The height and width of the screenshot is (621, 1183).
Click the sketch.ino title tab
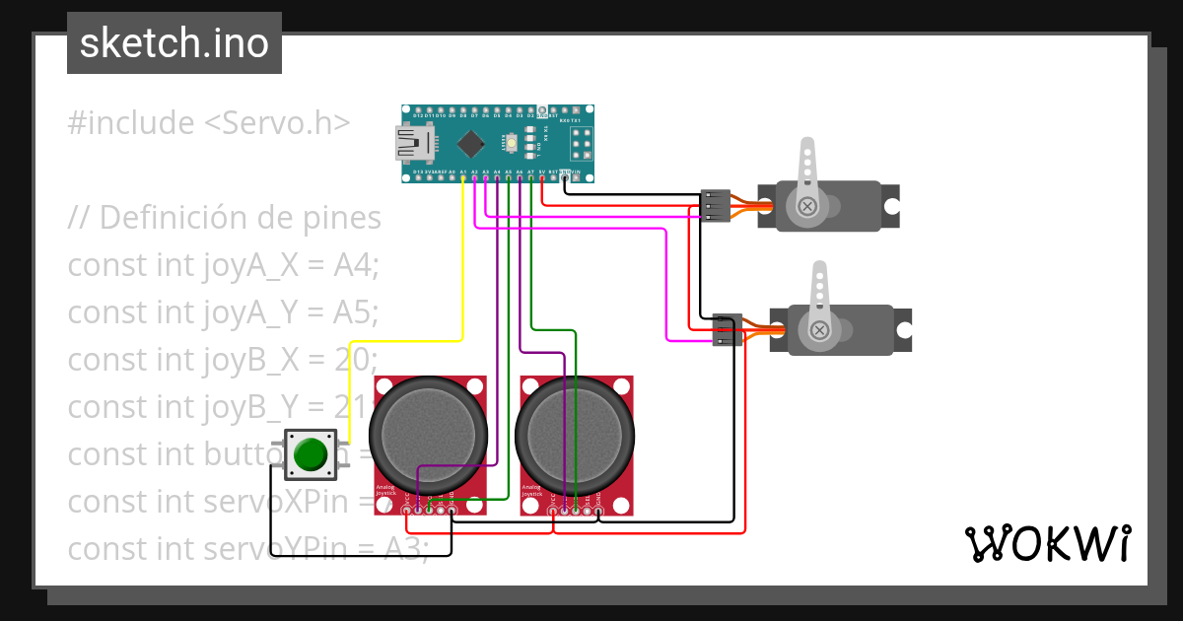click(x=174, y=43)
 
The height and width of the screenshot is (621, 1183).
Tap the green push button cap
click(x=311, y=454)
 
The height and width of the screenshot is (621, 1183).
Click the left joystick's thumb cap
click(x=429, y=435)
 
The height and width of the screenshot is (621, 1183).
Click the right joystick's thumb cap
click(x=575, y=435)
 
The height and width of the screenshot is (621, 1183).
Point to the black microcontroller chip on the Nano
click(x=472, y=144)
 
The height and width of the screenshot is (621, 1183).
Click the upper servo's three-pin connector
click(x=715, y=205)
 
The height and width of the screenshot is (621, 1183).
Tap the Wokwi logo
click(x=1047, y=543)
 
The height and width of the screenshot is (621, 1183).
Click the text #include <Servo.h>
click(x=209, y=123)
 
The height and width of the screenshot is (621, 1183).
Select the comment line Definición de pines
click(x=225, y=217)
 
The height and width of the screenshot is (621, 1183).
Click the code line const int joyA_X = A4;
click(x=224, y=265)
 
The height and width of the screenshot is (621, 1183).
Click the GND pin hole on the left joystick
click(x=452, y=509)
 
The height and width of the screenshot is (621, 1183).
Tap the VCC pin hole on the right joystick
click(x=552, y=509)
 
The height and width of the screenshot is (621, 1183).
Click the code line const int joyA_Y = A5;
click(x=224, y=312)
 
